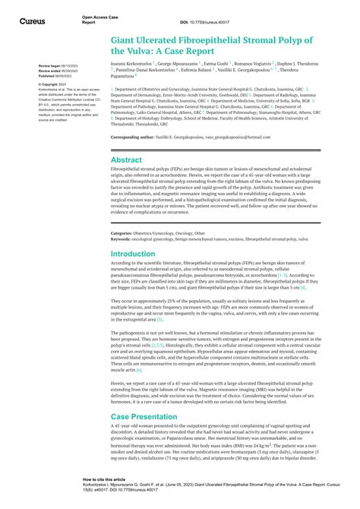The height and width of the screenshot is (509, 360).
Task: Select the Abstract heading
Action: pos(126,160)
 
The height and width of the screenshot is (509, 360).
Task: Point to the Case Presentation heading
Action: pos(144,417)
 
